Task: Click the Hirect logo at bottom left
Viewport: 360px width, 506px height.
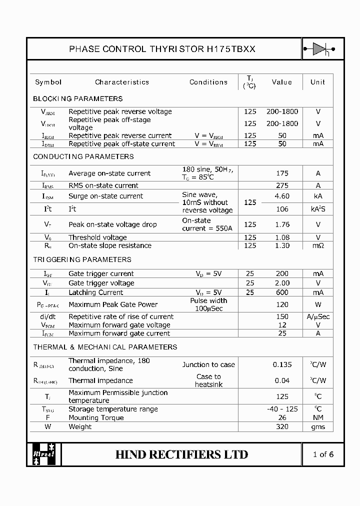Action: (44, 454)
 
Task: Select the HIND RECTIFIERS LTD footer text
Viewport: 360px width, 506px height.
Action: (181, 454)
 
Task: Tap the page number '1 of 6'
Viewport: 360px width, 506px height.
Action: (322, 454)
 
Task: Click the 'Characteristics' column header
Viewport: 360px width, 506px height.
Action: (122, 82)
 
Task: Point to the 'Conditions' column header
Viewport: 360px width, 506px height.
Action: (208, 82)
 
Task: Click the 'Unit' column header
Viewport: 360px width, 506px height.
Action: (317, 82)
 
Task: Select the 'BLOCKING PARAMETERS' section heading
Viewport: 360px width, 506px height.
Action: (77, 98)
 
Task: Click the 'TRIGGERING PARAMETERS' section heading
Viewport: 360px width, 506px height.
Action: (82, 259)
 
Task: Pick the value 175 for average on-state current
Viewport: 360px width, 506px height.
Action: (282, 173)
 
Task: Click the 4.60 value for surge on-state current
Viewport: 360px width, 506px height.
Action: (282, 196)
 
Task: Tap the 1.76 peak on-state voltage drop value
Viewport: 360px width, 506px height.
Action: (282, 224)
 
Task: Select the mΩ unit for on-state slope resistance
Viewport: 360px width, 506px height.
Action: (318, 245)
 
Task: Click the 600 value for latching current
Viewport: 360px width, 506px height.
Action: (282, 292)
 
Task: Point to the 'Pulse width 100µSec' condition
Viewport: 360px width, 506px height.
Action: (208, 304)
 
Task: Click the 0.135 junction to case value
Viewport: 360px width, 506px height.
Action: (282, 364)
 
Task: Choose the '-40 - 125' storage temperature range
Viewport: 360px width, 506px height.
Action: (282, 409)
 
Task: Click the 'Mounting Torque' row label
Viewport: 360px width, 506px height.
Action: (96, 417)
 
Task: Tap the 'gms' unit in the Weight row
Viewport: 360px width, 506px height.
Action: (318, 426)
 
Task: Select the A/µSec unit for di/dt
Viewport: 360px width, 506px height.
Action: (318, 316)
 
